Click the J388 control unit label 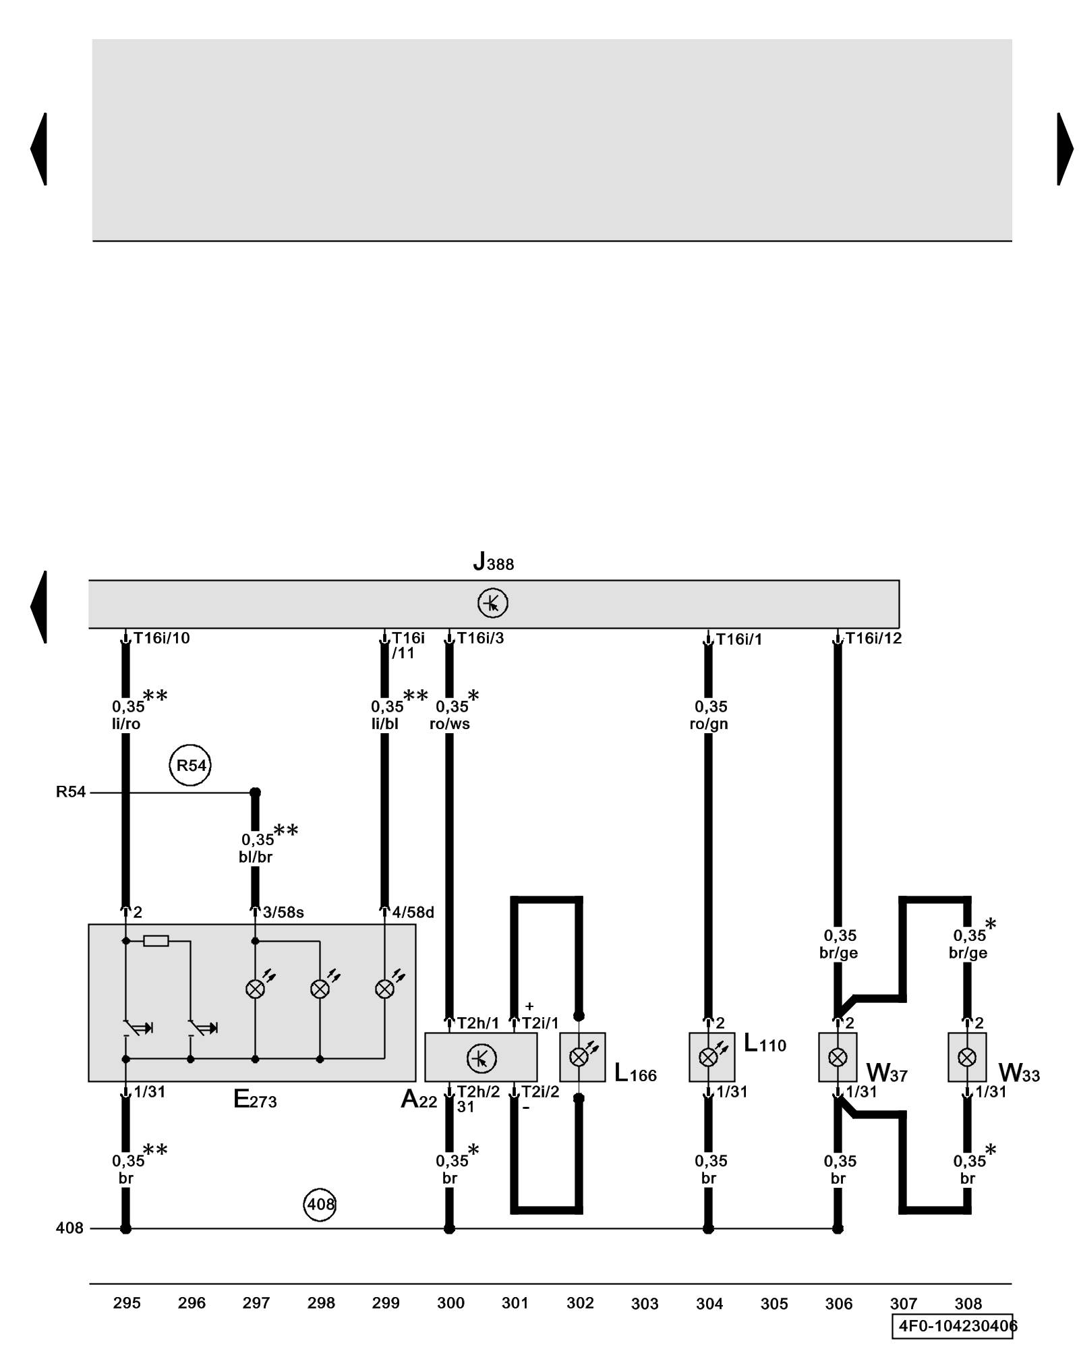[x=493, y=562]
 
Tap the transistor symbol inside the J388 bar [x=492, y=603]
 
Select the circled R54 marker [x=191, y=766]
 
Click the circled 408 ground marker [x=320, y=1204]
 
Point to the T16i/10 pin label [x=162, y=638]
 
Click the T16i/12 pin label [x=873, y=638]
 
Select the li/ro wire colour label [x=126, y=724]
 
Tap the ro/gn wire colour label [x=709, y=724]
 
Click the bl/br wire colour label [x=256, y=857]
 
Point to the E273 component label [x=255, y=1100]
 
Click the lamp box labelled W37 [x=838, y=1057]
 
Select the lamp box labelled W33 [x=967, y=1057]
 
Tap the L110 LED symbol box [x=711, y=1057]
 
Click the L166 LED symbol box [x=582, y=1057]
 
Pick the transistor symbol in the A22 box [x=481, y=1058]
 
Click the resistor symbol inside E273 [x=156, y=941]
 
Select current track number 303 [x=645, y=1304]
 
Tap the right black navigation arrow [x=1064, y=149]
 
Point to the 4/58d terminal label [x=413, y=913]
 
